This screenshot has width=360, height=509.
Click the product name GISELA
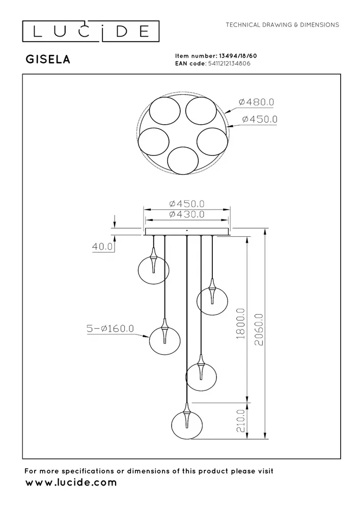[x=48, y=60]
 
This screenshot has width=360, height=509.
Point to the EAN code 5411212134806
[x=228, y=64]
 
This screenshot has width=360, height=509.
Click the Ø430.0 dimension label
[x=187, y=215]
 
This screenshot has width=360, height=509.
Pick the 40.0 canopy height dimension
[x=102, y=246]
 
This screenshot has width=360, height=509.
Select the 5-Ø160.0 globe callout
[x=109, y=329]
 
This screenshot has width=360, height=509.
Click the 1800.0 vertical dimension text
[x=241, y=324]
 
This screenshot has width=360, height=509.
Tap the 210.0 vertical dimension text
[x=241, y=420]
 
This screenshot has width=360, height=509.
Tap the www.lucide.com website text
[x=71, y=482]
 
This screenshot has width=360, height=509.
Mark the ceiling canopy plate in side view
[x=187, y=232]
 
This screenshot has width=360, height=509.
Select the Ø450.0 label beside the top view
[x=260, y=119]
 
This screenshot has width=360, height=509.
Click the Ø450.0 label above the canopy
[x=187, y=204]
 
